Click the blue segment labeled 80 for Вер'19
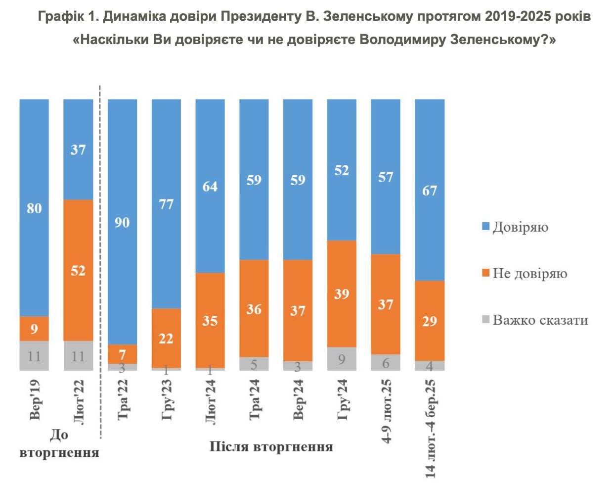click(x=34, y=208)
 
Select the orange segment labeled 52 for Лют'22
click(x=78, y=270)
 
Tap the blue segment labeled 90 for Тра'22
click(x=122, y=222)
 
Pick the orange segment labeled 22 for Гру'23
click(x=166, y=338)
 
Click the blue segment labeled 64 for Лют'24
click(x=210, y=186)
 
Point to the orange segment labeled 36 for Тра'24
click(x=254, y=309)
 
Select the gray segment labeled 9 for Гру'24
click(x=342, y=359)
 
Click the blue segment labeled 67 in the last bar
click(x=430, y=190)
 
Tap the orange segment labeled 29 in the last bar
click(x=430, y=321)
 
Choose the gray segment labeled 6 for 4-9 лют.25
click(x=386, y=363)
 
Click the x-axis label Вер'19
click(x=35, y=400)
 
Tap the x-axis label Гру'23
click(x=167, y=400)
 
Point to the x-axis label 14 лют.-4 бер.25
click(x=430, y=429)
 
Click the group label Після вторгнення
click(x=271, y=447)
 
